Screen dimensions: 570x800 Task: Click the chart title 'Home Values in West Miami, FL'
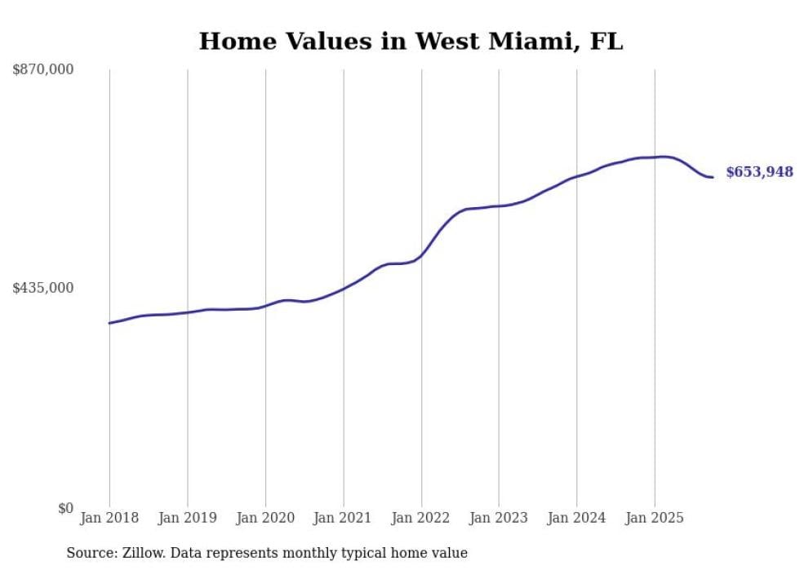click(x=411, y=42)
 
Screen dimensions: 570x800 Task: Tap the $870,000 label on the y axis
click(x=43, y=70)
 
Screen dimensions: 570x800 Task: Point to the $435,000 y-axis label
click(x=43, y=288)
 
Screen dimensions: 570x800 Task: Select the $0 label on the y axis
click(x=65, y=508)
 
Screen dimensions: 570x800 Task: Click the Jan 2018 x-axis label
click(x=109, y=518)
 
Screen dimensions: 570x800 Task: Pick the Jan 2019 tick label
click(x=188, y=518)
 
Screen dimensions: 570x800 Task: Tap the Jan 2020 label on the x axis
click(x=265, y=518)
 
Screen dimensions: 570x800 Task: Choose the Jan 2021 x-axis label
click(x=344, y=518)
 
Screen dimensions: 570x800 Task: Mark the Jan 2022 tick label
click(x=421, y=518)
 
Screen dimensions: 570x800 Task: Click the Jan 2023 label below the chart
click(x=499, y=518)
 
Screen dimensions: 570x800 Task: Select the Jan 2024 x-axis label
click(x=577, y=518)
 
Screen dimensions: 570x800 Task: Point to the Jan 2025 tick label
click(x=655, y=518)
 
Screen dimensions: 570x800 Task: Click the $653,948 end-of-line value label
click(x=759, y=172)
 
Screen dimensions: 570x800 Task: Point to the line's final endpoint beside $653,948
click(x=713, y=177)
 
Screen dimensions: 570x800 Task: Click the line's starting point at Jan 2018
click(x=109, y=323)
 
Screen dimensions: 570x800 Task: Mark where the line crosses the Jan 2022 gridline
click(x=421, y=256)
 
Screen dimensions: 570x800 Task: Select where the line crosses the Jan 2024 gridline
click(x=577, y=176)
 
